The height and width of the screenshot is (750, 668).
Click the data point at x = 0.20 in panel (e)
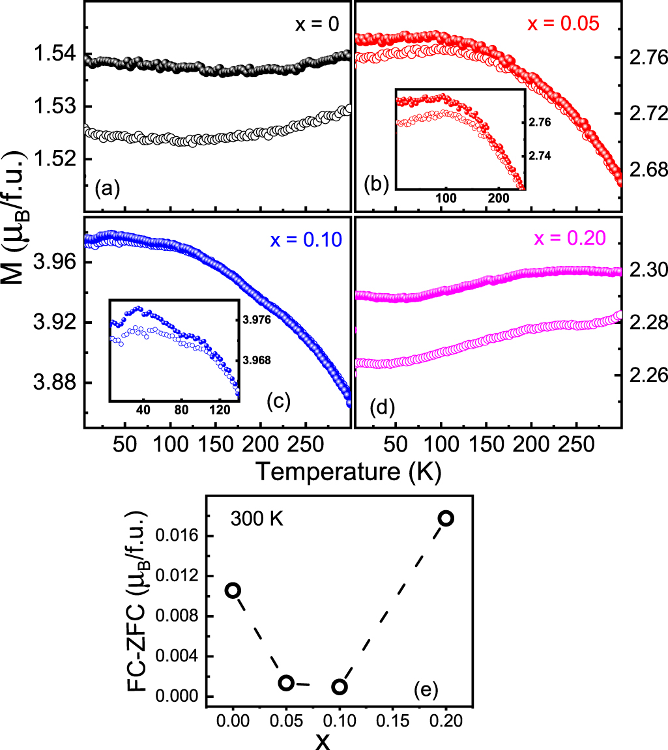click(446, 519)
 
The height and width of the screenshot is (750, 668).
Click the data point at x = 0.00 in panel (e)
click(233, 590)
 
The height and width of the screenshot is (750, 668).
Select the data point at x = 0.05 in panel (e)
click(286, 682)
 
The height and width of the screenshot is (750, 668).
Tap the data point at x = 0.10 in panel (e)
click(340, 687)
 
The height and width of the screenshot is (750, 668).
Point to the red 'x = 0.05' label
click(564, 24)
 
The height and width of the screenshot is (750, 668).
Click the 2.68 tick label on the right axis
click(645, 170)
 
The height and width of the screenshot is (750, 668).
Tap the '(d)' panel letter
click(382, 408)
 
